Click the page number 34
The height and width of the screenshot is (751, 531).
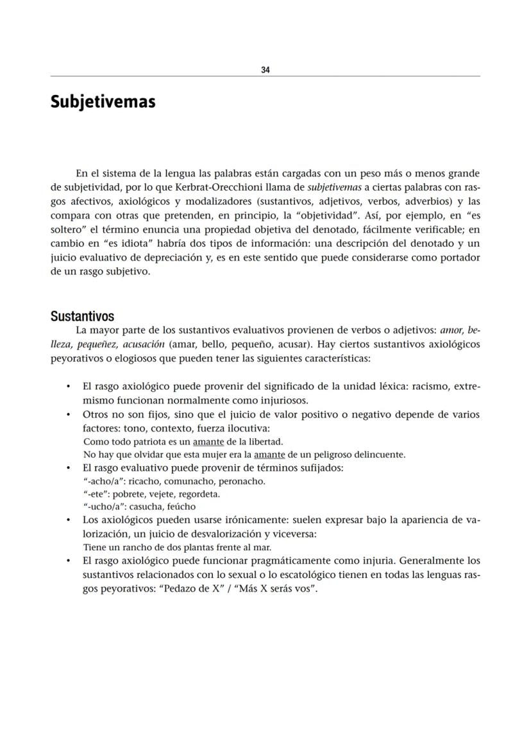[265, 70]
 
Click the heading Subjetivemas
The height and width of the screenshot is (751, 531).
[103, 101]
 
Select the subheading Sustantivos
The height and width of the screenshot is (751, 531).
[82, 316]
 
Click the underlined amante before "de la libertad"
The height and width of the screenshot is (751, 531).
[208, 442]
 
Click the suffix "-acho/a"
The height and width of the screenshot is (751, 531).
[104, 481]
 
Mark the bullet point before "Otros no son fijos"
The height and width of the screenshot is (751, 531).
[69, 415]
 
